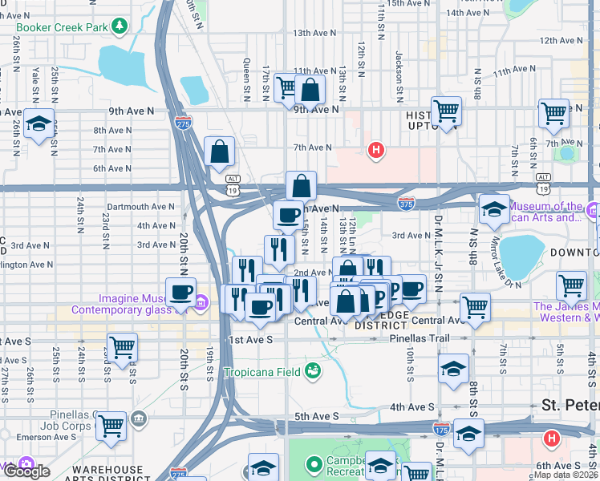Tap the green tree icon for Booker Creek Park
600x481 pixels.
point(120,26)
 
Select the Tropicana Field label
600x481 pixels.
point(262,371)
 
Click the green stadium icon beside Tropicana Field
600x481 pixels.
point(314,370)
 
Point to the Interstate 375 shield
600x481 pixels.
point(407,204)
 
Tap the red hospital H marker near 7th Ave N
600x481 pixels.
point(375,149)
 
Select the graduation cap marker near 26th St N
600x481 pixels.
point(38,124)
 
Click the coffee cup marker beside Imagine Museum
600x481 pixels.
point(180,291)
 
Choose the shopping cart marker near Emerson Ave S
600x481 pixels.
point(111,426)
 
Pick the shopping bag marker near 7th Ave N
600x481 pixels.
point(219,152)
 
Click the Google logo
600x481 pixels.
point(26,471)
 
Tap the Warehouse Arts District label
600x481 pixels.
point(119,469)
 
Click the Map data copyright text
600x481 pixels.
point(566,475)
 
